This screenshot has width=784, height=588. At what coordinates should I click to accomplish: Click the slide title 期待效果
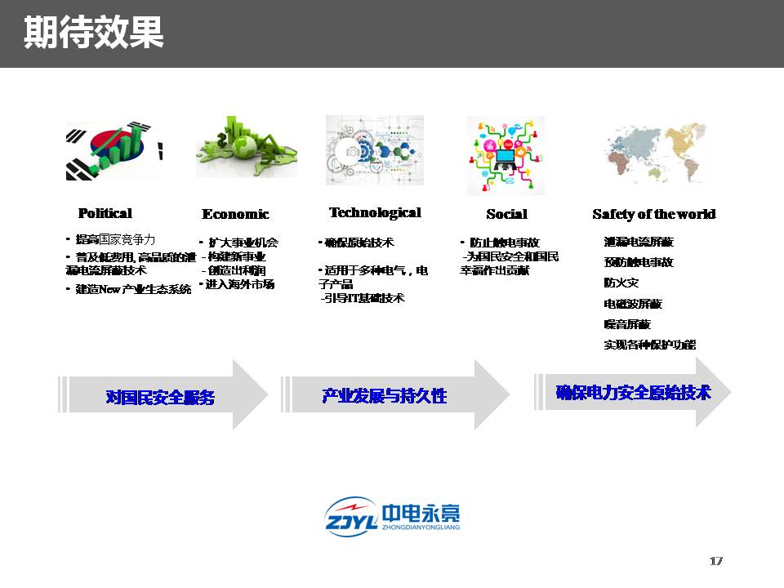click(x=93, y=33)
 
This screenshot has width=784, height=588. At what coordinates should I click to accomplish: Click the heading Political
click(x=105, y=213)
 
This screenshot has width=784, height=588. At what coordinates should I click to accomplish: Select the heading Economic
click(x=235, y=214)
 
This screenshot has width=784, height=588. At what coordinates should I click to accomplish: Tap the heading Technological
click(x=375, y=212)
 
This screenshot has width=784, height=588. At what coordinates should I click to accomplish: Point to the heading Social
click(x=506, y=214)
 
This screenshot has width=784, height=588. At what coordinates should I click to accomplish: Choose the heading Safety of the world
click(x=653, y=214)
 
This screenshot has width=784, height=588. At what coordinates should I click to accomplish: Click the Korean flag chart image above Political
click(x=114, y=150)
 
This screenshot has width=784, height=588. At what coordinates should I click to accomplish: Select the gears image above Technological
click(x=375, y=149)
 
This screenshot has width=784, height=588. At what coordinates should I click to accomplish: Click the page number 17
click(x=716, y=561)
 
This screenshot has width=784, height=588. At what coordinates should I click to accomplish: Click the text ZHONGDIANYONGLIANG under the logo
click(x=421, y=528)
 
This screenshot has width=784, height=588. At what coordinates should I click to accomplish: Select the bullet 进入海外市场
click(x=239, y=284)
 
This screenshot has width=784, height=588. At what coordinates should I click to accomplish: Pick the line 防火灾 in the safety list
click(x=621, y=283)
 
